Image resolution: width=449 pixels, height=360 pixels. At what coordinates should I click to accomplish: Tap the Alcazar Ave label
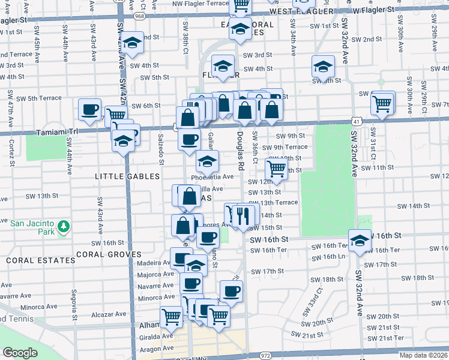[x=109, y=314]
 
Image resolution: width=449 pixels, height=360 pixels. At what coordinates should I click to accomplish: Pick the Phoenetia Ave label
[x=212, y=177]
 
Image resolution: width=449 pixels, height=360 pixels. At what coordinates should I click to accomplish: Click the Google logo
[x=20, y=353]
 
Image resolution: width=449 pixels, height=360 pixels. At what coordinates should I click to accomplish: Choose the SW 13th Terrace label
[x=274, y=202]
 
